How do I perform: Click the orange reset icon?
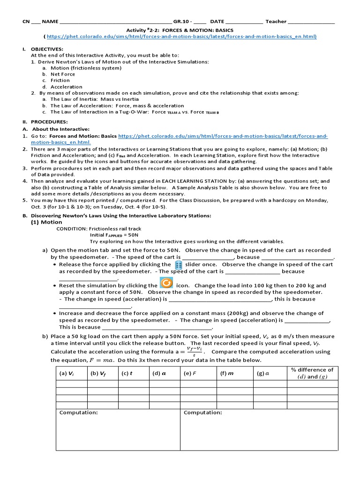coord(166,284)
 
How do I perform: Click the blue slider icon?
coord(178,265)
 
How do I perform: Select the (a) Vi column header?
coord(66,374)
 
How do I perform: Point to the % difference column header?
coord(312,373)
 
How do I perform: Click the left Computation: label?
coord(79,412)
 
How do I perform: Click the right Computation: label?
coord(202,412)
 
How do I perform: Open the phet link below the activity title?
coord(181,36)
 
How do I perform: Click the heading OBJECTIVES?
coord(47,49)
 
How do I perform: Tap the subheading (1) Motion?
coord(46,222)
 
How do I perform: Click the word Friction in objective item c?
coord(60,80)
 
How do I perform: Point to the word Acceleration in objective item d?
coord(66,87)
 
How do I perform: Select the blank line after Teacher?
coord(311,22)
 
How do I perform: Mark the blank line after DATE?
coord(244,22)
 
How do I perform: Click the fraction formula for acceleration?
coord(194,352)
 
